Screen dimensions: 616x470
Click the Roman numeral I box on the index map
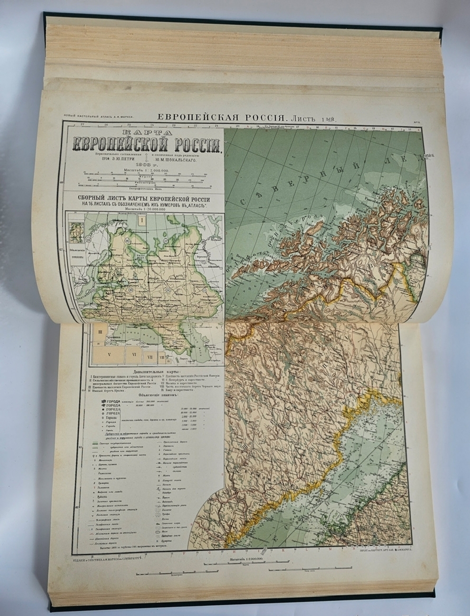coord(141,219)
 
